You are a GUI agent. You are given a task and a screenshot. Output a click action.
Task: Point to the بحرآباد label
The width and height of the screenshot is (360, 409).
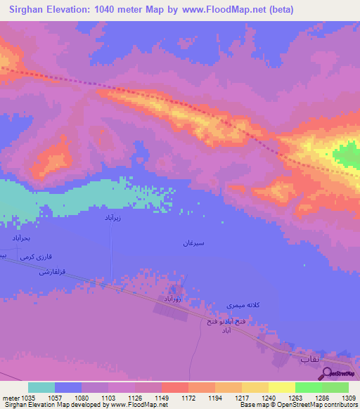tap(22, 239)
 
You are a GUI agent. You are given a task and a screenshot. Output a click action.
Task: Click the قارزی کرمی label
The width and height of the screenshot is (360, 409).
tap(35, 257)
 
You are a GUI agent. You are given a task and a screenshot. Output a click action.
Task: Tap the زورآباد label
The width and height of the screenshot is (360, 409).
tap(173, 299)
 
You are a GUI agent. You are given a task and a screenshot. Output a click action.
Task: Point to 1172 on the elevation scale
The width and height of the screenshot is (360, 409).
tap(188, 398)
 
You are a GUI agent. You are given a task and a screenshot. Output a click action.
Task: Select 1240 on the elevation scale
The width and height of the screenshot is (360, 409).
tap(268, 398)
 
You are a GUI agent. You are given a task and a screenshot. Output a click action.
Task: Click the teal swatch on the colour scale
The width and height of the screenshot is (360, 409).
tap(41, 387)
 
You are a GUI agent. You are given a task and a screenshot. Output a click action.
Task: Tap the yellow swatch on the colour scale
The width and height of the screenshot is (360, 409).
tap(281, 387)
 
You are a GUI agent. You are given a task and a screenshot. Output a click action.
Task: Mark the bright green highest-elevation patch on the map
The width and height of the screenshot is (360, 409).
tap(346, 155)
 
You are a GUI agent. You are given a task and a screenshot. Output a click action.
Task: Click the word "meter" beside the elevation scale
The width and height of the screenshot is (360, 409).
tap(9, 398)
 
